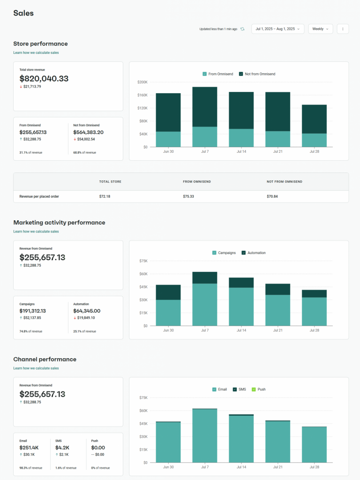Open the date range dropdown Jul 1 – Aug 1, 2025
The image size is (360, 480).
[277, 29]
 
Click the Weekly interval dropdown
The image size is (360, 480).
[320, 29]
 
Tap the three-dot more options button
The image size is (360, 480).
[343, 29]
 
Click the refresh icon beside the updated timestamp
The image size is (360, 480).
[242, 29]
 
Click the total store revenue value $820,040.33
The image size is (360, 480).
[44, 79]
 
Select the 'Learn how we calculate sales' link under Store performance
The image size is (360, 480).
[36, 52]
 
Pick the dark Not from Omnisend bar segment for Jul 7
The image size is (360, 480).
[205, 107]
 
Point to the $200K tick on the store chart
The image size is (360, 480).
[142, 82]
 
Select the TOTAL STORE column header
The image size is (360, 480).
[111, 181]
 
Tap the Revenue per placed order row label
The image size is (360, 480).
[39, 196]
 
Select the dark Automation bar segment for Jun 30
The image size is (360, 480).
[168, 292]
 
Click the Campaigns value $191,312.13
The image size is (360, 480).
[33, 311]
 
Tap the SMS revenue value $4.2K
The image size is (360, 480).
[62, 448]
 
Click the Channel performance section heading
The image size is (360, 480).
[45, 359]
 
